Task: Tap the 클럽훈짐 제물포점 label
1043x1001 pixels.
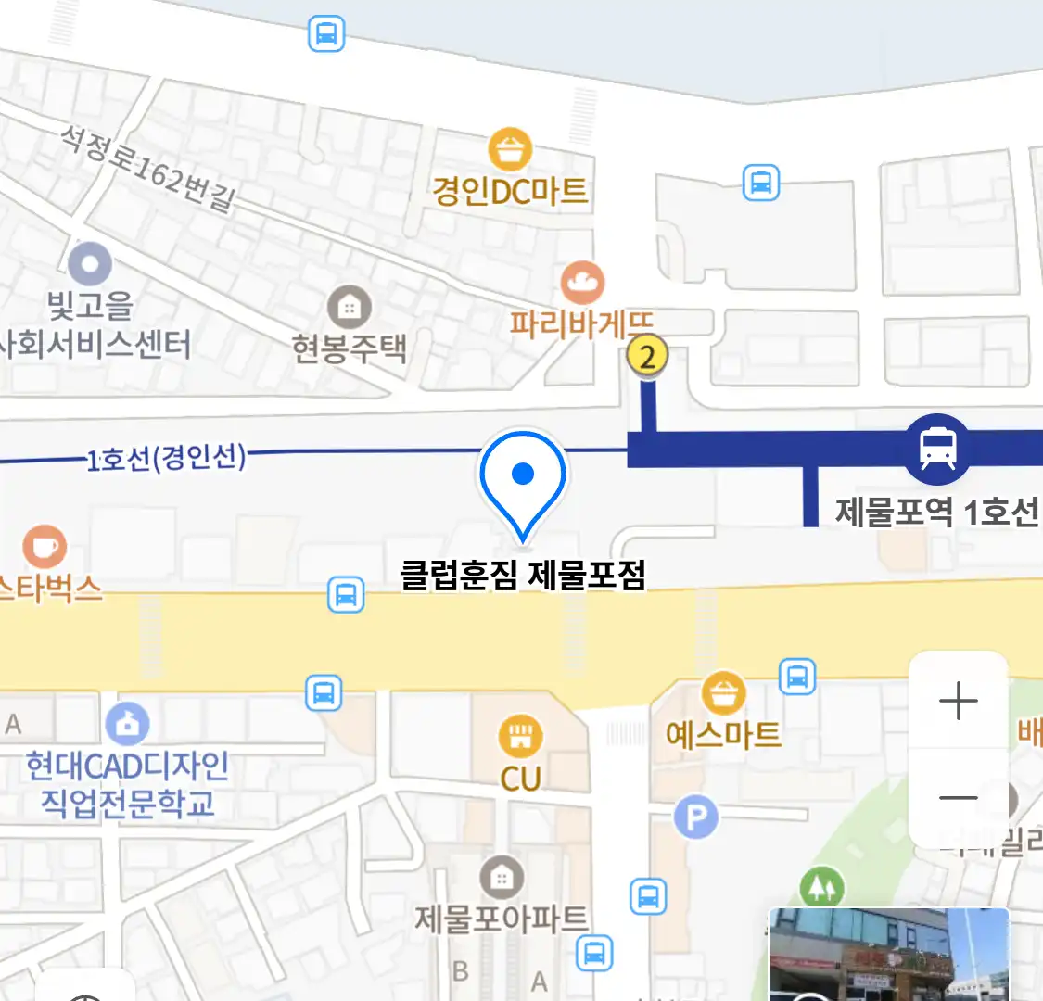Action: click(522, 575)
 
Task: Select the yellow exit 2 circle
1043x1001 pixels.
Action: click(647, 355)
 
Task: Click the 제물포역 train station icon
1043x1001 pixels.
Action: click(937, 449)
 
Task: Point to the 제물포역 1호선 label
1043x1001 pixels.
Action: click(936, 512)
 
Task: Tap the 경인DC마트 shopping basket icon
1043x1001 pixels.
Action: click(509, 150)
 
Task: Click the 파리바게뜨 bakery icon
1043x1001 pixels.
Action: click(582, 283)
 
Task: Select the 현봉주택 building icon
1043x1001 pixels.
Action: click(350, 306)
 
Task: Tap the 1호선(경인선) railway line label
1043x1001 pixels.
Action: click(167, 457)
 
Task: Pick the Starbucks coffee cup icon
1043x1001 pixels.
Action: click(44, 547)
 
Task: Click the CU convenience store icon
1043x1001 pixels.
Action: click(520, 738)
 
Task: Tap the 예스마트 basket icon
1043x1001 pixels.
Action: click(723, 692)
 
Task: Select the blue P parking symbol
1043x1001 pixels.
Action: click(696, 817)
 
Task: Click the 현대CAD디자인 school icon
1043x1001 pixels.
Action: click(128, 725)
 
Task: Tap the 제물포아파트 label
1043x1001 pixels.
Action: click(501, 919)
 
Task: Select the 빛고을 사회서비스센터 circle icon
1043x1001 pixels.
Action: click(90, 265)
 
